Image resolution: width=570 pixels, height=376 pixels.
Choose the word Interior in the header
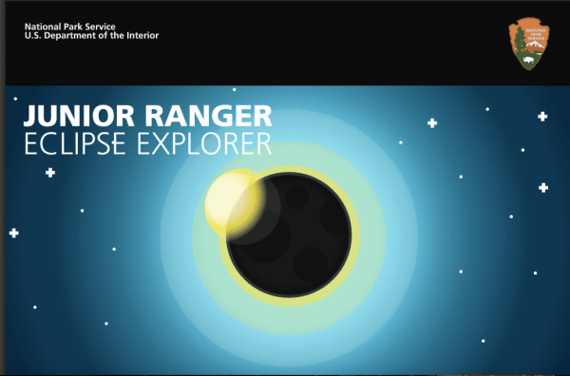click(141, 36)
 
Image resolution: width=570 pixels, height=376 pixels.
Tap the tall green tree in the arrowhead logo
click(518, 43)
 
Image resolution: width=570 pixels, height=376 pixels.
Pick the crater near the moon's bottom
click(310, 259)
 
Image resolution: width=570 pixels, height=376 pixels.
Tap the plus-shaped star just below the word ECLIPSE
click(50, 173)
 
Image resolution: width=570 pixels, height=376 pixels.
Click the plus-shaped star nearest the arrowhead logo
click(542, 116)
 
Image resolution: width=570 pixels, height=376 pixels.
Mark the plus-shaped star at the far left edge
click(13, 233)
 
